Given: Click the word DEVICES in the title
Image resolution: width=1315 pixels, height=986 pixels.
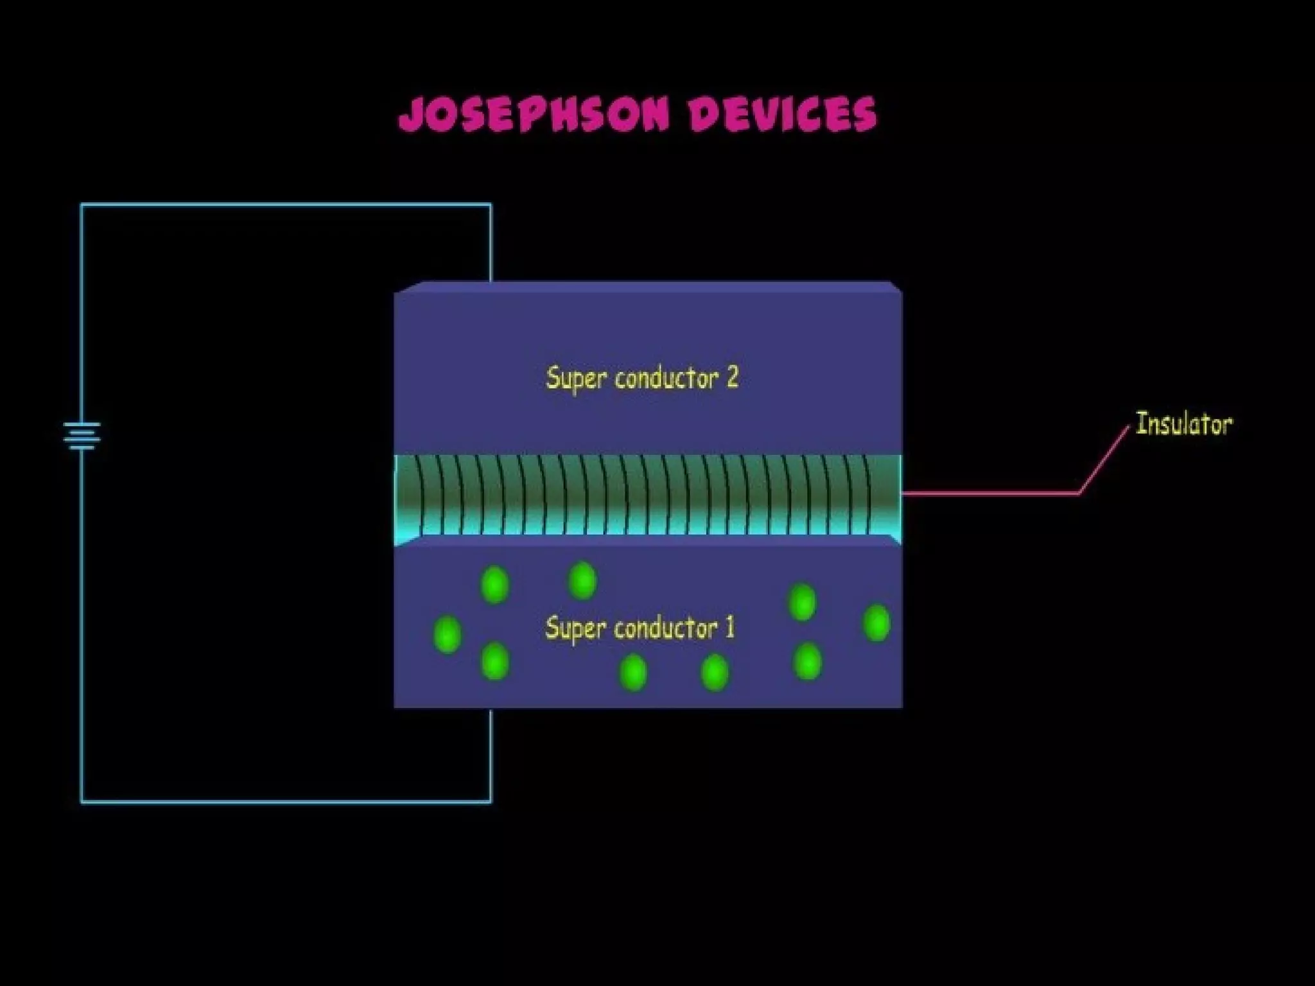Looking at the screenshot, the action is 781,114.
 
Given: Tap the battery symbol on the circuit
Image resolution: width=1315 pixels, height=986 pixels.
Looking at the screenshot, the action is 82,435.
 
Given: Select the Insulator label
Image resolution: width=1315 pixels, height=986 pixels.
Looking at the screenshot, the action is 1183,424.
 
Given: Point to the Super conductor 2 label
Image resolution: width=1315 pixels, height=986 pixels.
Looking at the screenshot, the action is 642,377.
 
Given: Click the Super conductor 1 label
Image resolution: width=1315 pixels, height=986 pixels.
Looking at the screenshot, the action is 640,628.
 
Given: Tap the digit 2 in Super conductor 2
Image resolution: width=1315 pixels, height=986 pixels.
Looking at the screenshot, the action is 732,377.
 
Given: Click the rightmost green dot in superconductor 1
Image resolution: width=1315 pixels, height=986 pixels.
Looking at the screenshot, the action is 876,623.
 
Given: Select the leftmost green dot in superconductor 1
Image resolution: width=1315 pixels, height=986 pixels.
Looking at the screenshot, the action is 448,634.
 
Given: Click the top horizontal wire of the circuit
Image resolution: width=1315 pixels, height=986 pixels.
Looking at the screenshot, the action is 286,205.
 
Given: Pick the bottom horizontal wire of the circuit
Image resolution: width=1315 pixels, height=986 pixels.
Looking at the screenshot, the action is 286,802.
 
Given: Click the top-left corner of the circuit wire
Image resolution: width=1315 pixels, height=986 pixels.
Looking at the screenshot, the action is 82,205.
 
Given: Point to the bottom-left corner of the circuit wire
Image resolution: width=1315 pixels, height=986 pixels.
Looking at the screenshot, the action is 82,802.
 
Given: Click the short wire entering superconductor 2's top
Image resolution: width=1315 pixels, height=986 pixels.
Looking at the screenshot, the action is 491,244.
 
